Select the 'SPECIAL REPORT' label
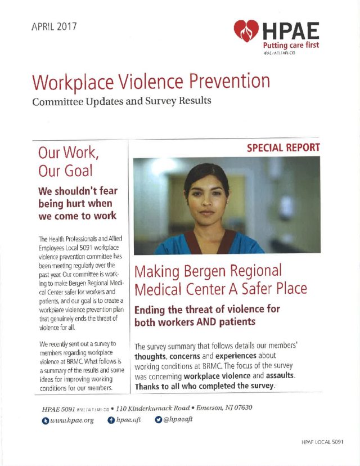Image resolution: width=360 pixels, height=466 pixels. [283, 148]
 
